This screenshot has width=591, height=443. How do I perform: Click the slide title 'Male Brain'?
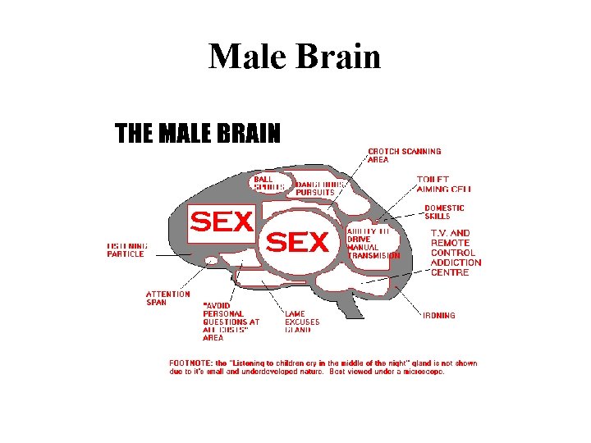point(295,57)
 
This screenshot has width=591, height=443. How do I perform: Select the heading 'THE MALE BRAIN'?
point(197,133)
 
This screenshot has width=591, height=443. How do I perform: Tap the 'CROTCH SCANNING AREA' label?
point(404,155)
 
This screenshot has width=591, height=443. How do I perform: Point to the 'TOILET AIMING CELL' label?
point(443,184)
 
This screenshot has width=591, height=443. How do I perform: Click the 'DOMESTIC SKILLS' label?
point(444,212)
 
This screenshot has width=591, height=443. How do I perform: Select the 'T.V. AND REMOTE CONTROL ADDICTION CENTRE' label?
point(456,253)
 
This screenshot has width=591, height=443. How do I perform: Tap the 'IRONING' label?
point(439,315)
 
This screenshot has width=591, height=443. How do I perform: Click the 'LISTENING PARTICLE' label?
point(127,249)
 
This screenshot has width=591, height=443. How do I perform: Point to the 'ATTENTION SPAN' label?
point(167,298)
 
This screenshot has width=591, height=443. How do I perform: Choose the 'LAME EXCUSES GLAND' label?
point(302,322)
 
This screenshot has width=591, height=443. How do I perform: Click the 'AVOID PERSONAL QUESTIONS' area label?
point(231,322)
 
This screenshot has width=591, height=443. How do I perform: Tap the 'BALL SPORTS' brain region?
point(268,183)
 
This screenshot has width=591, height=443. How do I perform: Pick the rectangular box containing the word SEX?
point(222,221)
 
